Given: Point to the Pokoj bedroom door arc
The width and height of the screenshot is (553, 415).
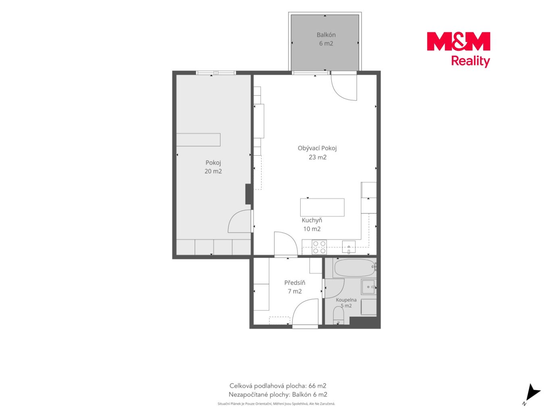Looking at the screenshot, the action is (233, 219).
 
